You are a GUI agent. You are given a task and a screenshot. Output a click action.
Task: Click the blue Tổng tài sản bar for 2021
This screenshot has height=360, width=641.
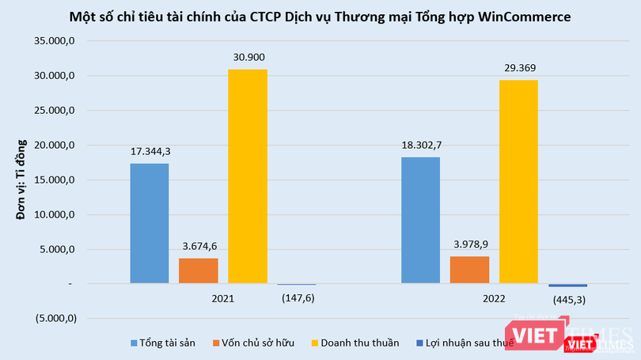point(150,223)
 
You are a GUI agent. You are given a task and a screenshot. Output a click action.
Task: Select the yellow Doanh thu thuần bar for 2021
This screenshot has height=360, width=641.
point(248,176)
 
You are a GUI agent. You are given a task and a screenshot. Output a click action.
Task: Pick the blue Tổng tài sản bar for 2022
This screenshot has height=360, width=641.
point(420,220)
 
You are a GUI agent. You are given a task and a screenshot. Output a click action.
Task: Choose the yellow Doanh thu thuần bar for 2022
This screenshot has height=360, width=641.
point(518,181)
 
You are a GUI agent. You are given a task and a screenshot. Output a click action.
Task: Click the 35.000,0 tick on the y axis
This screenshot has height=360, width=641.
point(54,41)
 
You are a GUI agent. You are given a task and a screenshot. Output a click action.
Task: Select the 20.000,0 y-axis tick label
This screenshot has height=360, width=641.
point(54,146)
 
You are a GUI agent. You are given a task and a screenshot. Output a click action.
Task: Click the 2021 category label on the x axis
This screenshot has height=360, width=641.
point(223,300)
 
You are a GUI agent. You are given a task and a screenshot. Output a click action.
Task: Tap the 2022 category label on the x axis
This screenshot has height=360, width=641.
point(494,300)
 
